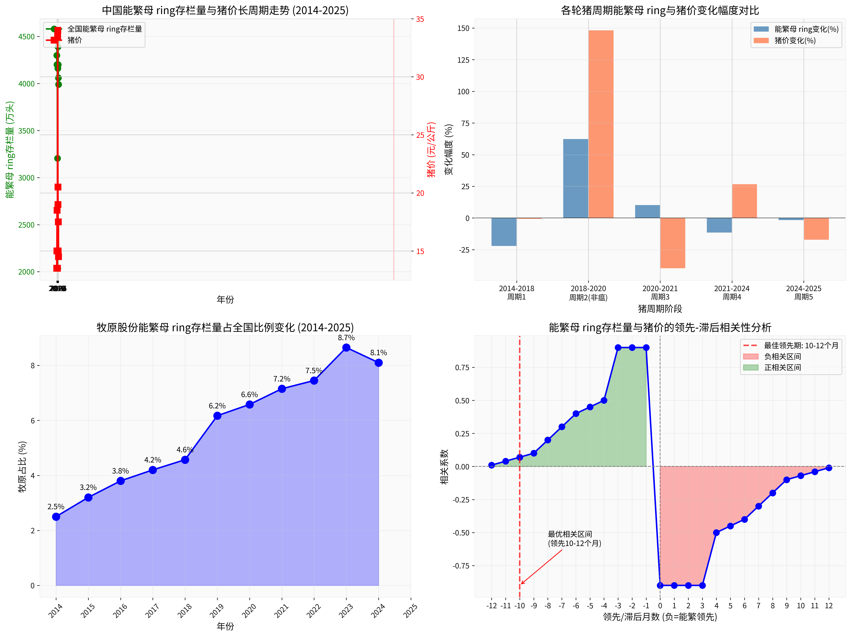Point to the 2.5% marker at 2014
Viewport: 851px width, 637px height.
point(56,517)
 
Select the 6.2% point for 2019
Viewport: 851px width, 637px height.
point(217,416)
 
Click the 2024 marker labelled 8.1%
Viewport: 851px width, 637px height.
point(379,362)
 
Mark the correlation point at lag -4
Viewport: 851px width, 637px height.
point(604,400)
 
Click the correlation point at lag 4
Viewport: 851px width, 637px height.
point(716,533)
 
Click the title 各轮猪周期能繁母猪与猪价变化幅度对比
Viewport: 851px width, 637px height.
point(660,10)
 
